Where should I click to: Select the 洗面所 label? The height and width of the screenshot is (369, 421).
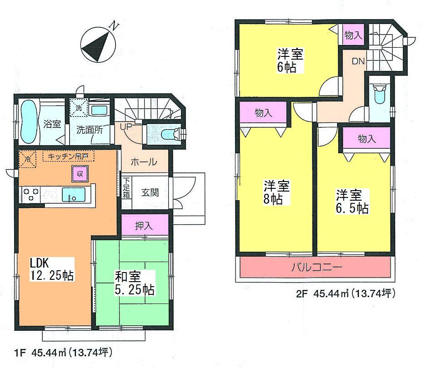[x=89, y=130]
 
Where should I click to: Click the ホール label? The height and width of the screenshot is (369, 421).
[x=144, y=162]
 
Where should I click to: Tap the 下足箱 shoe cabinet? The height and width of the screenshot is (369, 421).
[x=126, y=187]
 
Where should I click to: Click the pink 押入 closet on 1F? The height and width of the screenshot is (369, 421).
[x=145, y=226]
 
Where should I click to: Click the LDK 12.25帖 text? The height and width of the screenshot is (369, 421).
[x=52, y=269]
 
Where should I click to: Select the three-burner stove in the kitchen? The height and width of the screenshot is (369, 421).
[x=31, y=195]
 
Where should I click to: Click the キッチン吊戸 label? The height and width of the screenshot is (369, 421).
[x=69, y=157]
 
